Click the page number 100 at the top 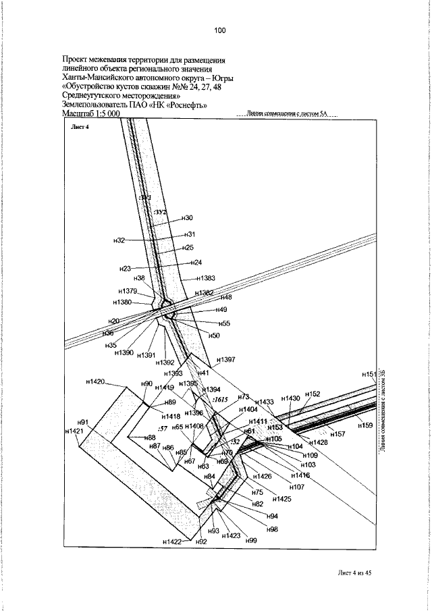(x=219, y=30)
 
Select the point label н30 (x=188, y=218)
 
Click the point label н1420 (x=95, y=382)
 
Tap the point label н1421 (x=74, y=431)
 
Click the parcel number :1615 (x=220, y=400)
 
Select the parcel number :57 (x=161, y=428)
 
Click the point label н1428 (x=318, y=442)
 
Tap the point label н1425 (x=281, y=499)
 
